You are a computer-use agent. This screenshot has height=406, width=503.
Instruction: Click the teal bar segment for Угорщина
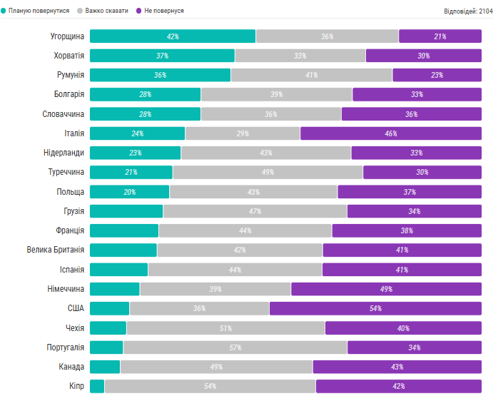click(172, 36)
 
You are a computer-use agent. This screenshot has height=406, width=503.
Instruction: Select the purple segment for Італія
click(390, 133)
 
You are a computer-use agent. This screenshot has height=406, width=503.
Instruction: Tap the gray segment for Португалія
click(235, 347)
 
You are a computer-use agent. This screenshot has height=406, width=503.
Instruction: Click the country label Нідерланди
click(63, 153)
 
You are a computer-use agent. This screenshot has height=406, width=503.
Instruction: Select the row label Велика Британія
click(55, 250)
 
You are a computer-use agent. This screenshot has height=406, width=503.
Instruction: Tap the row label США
click(76, 308)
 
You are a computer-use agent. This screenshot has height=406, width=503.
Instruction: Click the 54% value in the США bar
click(375, 308)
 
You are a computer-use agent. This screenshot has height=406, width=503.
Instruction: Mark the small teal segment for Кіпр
click(97, 386)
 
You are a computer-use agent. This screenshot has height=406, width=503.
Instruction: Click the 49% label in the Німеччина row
click(386, 289)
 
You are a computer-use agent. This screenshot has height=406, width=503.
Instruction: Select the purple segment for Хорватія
click(423, 56)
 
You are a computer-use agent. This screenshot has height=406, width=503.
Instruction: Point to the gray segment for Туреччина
click(268, 172)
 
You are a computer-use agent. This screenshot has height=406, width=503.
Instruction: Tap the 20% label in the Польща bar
click(129, 192)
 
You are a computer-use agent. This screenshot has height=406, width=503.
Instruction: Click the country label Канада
click(71, 367)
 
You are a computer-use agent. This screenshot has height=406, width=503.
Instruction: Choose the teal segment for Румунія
click(160, 75)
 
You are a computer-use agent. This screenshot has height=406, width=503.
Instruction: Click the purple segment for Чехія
click(403, 328)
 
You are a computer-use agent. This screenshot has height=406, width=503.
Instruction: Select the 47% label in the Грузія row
click(255, 211)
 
